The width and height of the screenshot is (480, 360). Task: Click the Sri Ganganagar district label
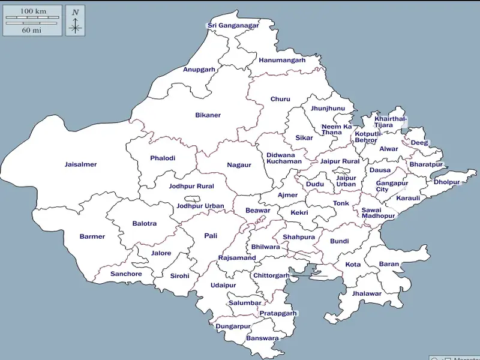(233, 25)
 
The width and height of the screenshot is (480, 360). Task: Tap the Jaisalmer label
(80, 164)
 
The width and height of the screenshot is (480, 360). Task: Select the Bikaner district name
(208, 115)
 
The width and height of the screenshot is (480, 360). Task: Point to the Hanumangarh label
(282, 60)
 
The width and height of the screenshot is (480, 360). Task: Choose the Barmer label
(92, 236)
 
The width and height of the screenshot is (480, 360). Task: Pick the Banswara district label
(262, 338)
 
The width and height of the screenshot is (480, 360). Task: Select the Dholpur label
(446, 182)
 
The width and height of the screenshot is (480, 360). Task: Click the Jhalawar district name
(367, 293)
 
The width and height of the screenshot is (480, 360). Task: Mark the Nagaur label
(239, 165)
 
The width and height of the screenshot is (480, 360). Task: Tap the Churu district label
(280, 99)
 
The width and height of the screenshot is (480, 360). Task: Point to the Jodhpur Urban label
(200, 206)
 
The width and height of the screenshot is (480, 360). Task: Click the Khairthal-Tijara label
(391, 122)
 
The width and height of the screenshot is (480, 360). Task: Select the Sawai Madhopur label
(378, 213)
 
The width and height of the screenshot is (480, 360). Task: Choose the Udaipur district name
(223, 286)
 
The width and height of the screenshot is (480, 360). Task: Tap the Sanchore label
(126, 274)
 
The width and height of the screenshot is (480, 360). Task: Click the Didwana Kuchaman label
(284, 158)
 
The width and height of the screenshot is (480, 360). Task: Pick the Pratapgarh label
(278, 313)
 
